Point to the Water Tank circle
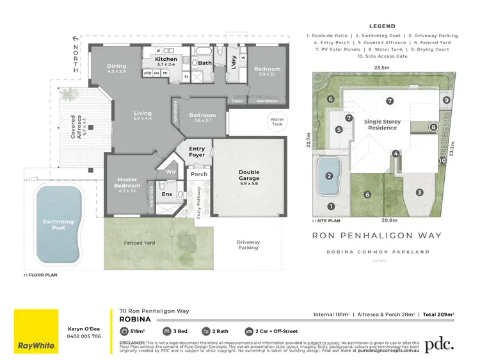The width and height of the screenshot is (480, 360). [x=277, y=121]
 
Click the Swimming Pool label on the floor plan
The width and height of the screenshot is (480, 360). [x=59, y=225]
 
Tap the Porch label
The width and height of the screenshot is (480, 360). [x=198, y=174]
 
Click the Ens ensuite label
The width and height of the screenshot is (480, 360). [x=167, y=193]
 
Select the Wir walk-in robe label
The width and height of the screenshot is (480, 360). [x=170, y=172]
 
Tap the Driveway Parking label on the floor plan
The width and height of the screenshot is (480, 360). [x=248, y=246]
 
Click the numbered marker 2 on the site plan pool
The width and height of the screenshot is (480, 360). [x=329, y=176]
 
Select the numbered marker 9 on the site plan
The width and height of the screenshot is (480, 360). [x=447, y=100]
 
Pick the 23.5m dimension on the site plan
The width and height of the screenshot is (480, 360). [x=382, y=67]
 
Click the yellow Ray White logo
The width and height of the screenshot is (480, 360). [x=36, y=331]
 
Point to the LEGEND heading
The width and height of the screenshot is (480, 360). [x=382, y=27]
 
